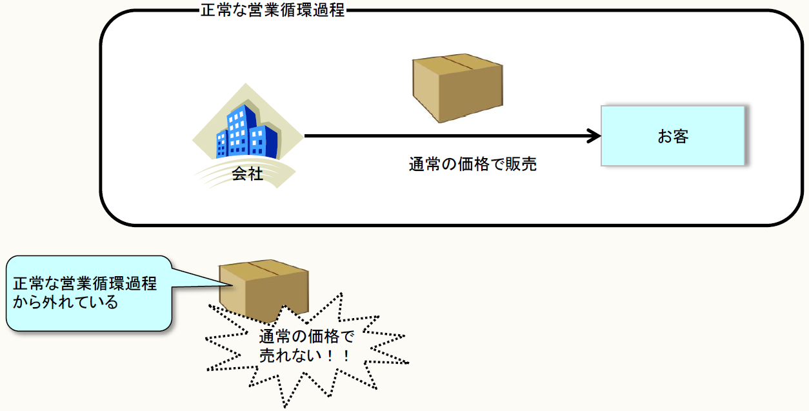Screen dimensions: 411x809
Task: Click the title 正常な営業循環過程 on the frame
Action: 273,11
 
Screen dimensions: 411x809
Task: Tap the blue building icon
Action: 246,132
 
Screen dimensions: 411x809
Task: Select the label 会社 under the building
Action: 248,174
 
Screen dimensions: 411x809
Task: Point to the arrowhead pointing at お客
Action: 594,136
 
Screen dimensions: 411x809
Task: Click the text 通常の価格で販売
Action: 473,165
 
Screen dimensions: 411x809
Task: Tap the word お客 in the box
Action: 673,137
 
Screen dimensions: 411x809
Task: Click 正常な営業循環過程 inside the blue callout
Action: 85,284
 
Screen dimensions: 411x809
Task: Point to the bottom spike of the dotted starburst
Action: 286,404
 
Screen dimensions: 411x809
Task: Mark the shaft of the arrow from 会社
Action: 445,136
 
